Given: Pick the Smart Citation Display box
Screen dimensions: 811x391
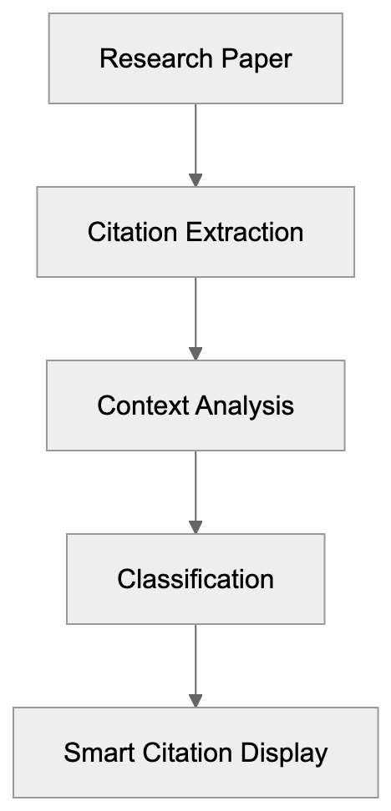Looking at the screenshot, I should [x=195, y=753].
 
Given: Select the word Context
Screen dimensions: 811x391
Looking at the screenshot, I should [x=143, y=405].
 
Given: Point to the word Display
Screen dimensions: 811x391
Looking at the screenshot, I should [x=284, y=753].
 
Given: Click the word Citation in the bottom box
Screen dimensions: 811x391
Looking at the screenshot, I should [x=185, y=753].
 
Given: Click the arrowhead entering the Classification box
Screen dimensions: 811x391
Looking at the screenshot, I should [x=195, y=527].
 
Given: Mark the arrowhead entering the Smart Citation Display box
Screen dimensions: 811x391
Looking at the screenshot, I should [x=195, y=701].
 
